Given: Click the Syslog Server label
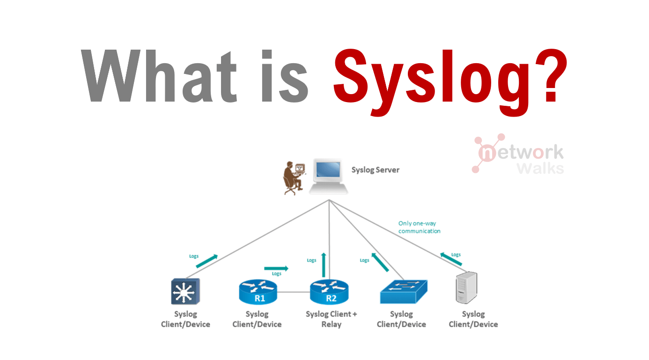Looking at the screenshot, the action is [x=375, y=170].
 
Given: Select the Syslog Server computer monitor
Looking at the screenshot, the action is [x=328, y=174].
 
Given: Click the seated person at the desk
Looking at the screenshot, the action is [x=292, y=177].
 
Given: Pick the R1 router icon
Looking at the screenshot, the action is [x=258, y=293].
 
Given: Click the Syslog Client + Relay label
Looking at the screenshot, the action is [x=331, y=319].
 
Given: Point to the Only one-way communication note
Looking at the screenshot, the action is [x=419, y=227].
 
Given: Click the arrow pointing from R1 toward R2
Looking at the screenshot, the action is [x=276, y=268].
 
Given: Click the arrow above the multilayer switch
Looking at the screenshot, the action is [x=206, y=261].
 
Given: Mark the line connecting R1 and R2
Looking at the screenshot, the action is [x=294, y=293].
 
